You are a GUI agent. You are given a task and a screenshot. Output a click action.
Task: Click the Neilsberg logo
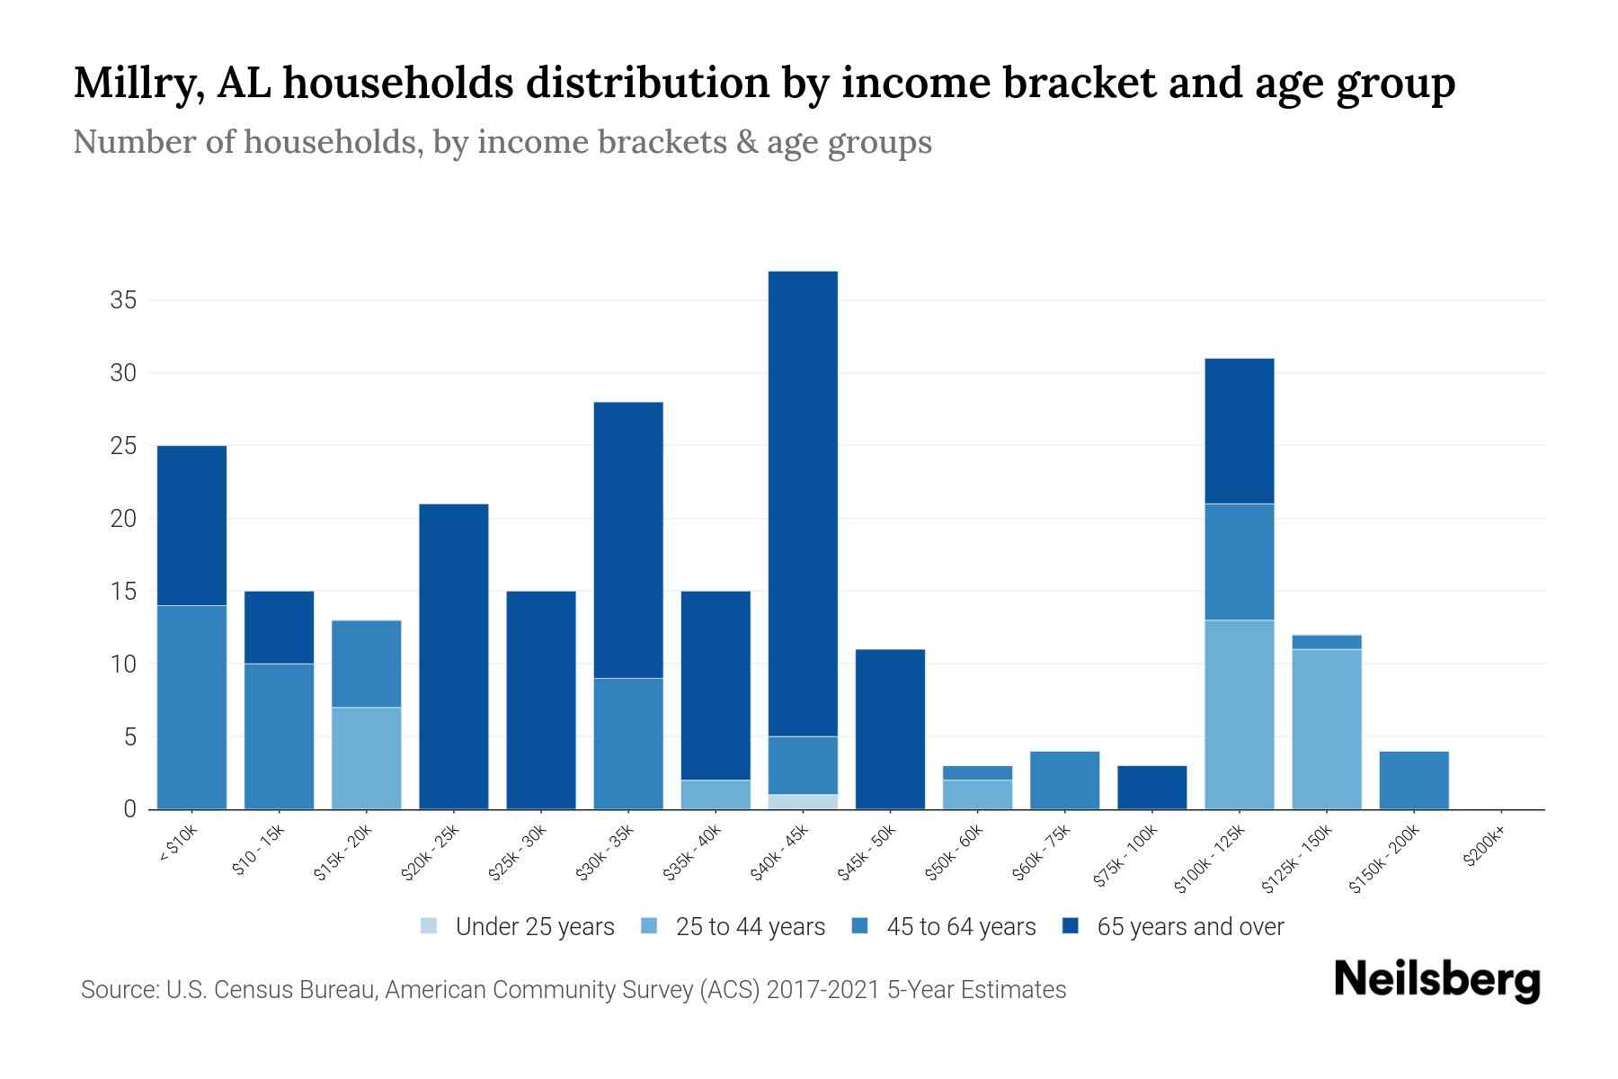tap(1436, 980)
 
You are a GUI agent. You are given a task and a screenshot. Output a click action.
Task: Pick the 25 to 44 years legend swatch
tap(649, 927)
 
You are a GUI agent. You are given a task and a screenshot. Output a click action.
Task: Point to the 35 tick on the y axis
tap(123, 300)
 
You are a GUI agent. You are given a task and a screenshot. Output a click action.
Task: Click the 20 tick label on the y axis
tap(123, 519)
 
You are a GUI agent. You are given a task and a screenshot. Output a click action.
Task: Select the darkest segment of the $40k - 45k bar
tap(803, 504)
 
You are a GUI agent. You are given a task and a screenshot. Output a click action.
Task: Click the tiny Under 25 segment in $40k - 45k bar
tap(803, 802)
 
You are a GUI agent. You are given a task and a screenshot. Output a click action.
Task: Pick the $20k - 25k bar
tap(454, 656)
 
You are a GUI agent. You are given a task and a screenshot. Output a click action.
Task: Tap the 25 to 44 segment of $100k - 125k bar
tap(1239, 715)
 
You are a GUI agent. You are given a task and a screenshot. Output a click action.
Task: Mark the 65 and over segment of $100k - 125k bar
tap(1239, 432)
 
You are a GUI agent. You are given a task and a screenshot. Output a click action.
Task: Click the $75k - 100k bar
tap(1151, 788)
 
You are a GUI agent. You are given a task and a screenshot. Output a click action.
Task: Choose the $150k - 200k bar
tap(1413, 780)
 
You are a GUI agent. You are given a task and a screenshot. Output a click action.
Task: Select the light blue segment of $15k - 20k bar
tap(367, 758)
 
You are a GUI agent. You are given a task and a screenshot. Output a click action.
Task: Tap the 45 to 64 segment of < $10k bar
tap(191, 708)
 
